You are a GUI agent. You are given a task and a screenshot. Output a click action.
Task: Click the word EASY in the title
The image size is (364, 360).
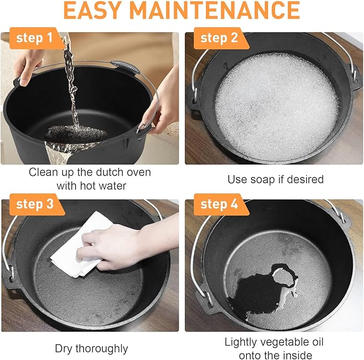(93, 10)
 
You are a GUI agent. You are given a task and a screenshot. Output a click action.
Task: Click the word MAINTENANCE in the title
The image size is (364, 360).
(215, 10)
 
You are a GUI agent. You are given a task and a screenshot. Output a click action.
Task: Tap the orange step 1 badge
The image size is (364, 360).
(36, 38)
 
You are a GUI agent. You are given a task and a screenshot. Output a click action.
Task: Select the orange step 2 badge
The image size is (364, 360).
(221, 38)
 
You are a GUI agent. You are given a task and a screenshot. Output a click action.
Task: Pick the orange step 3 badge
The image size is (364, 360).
(36, 205)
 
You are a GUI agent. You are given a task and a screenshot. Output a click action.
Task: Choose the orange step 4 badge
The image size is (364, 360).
(221, 205)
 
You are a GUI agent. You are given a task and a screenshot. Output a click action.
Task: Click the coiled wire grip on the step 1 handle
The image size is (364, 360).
(125, 67)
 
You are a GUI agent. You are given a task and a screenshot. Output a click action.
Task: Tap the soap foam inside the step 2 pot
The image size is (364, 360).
(276, 107)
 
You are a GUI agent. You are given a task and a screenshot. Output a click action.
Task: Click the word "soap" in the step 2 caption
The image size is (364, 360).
(262, 179)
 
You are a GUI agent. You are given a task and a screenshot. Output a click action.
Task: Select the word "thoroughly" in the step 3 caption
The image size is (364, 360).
(102, 349)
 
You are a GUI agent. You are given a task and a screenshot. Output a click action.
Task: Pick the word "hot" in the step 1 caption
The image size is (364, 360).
(87, 186)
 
